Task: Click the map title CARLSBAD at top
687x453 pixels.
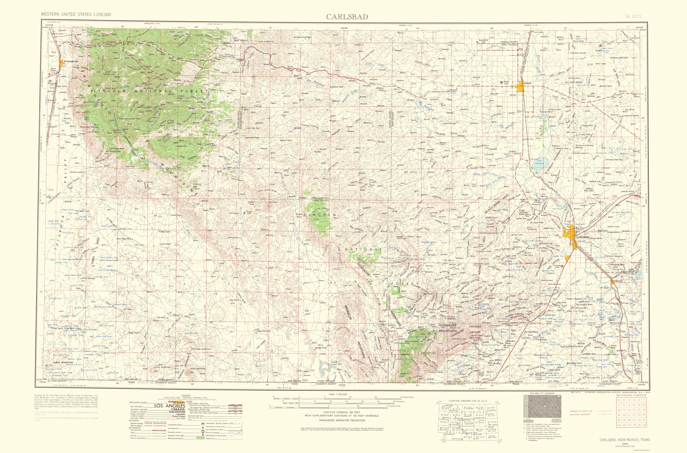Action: click(x=347, y=17)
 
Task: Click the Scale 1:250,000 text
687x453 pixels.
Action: click(x=338, y=394)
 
